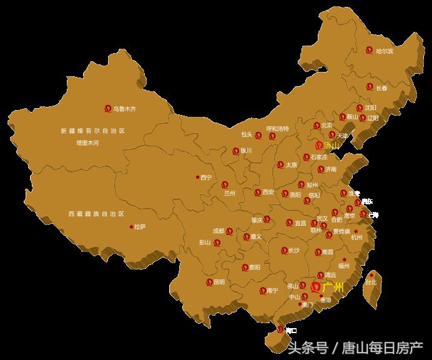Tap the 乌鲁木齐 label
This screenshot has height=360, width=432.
124,109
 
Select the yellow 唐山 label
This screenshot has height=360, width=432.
332,146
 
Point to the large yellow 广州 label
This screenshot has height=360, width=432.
333,287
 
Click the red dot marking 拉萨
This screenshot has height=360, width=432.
131,227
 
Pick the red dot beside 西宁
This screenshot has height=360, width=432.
197,177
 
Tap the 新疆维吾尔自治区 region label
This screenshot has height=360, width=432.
92,131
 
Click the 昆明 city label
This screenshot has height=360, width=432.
218,282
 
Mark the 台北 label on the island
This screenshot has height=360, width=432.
370,282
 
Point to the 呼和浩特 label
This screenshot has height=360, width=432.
278,129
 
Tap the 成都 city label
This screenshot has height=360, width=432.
218,231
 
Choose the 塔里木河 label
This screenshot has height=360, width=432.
87,143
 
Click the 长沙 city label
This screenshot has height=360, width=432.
294,250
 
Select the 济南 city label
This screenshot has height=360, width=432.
330,169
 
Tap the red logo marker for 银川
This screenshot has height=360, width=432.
235,151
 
